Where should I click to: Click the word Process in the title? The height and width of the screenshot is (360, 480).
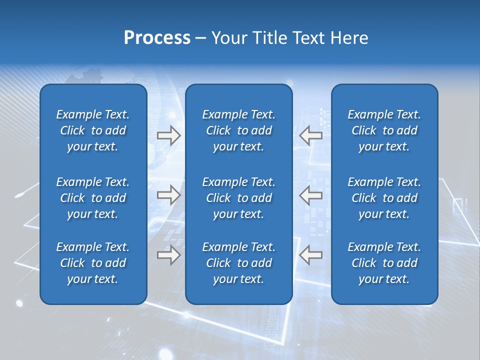click(157, 38)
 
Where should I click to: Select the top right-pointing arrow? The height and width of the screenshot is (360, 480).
click(168, 135)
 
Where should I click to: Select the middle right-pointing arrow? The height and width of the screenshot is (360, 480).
click(168, 195)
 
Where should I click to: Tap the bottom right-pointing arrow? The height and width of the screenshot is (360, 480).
click(168, 255)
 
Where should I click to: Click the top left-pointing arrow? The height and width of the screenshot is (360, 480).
click(310, 135)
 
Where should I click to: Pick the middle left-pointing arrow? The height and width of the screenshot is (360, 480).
click(310, 195)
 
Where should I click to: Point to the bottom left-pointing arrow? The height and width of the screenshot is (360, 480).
click(310, 255)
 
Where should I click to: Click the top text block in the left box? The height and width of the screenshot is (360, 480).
click(93, 130)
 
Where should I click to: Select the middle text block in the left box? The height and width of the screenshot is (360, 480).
click(93, 198)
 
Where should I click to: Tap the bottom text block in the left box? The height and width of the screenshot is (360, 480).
click(93, 263)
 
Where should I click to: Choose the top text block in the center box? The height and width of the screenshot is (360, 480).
click(238, 130)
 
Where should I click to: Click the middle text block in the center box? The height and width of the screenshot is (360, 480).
click(238, 198)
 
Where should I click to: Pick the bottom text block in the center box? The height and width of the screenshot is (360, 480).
click(238, 263)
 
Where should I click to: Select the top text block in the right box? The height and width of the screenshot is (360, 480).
click(384, 130)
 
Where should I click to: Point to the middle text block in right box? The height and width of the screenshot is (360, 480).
click(384, 198)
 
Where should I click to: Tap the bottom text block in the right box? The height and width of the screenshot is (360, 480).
click(384, 263)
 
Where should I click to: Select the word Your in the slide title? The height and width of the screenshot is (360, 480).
click(228, 38)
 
